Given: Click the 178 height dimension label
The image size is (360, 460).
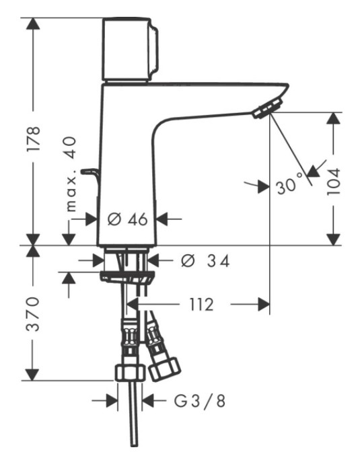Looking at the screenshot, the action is click(33, 139).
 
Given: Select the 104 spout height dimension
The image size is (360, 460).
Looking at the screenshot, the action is click(334, 182).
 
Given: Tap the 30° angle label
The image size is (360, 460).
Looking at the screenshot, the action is click(289, 184).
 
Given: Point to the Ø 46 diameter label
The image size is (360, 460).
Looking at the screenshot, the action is click(127, 219).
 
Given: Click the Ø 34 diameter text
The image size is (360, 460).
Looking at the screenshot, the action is click(205, 261).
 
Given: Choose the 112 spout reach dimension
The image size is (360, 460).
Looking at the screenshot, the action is click(201, 305).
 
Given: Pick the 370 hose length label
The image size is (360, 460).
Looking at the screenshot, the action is click(33, 314).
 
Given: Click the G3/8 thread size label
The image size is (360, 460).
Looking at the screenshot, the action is click(200, 401).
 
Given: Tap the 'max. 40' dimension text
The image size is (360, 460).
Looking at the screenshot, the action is click(71, 174).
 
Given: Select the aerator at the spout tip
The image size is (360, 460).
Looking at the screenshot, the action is click(268, 108).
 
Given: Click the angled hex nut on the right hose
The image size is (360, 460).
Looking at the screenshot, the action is click(164, 369).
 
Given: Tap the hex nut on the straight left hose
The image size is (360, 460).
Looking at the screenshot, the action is click(130, 373).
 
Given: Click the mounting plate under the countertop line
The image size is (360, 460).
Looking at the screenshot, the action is click(127, 277).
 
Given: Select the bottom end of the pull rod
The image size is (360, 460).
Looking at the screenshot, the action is click(134, 445).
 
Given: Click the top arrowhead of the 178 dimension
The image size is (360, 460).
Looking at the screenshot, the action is click(33, 24).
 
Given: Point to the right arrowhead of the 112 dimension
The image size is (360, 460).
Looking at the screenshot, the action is click(264, 305).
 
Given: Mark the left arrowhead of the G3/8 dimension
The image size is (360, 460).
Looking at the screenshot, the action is click(112, 401).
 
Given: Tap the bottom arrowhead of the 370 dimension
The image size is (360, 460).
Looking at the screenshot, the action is click(32, 375).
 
